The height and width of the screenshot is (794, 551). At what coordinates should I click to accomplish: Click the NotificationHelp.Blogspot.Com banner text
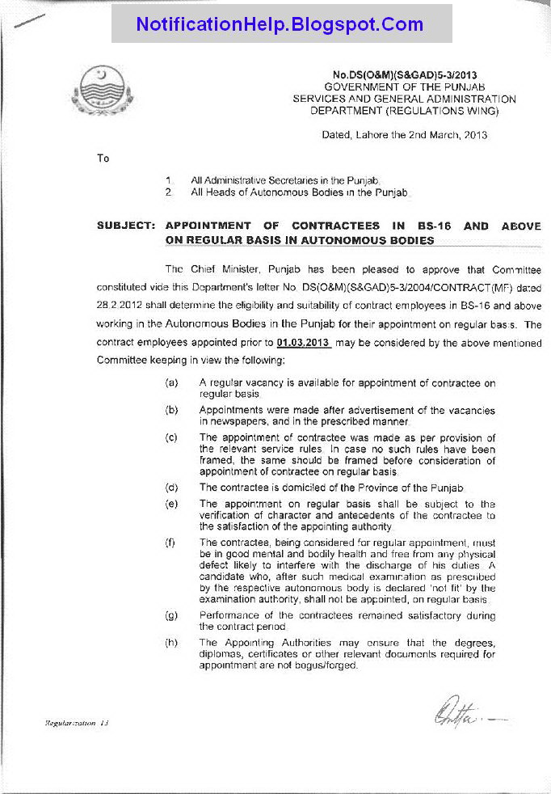tap(280, 24)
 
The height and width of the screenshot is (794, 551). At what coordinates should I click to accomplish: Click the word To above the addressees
tap(103, 158)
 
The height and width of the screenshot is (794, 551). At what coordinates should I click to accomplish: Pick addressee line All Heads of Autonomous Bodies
tap(299, 192)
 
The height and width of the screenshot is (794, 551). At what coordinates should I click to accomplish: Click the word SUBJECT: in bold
tap(125, 226)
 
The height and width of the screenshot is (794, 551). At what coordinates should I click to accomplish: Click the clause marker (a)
tap(171, 382)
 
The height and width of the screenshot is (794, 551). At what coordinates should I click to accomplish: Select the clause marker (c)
tap(171, 437)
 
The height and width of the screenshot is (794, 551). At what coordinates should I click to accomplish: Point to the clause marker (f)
tap(171, 543)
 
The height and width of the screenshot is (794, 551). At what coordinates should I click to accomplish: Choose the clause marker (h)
tap(171, 643)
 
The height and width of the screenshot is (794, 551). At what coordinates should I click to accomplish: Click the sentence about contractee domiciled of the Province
tap(331, 488)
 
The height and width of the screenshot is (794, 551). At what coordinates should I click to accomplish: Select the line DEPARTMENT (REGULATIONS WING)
tap(404, 110)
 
